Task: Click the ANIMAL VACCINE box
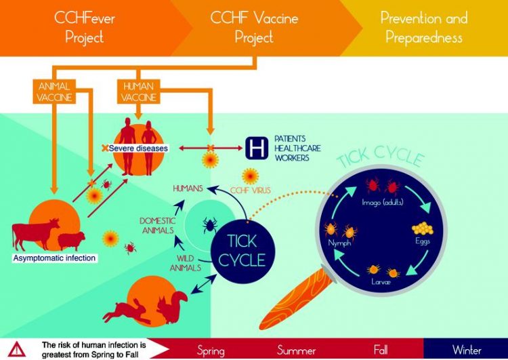click(54, 92)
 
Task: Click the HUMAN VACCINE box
click(138, 92)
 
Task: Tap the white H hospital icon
click(257, 148)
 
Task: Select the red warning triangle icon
click(17, 350)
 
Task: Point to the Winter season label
click(467, 350)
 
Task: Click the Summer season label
click(296, 351)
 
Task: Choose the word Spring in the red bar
click(211, 351)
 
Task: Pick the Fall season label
click(381, 350)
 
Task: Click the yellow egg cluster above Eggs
click(423, 228)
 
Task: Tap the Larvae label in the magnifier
click(381, 281)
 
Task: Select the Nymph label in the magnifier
click(339, 243)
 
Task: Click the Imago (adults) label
click(382, 203)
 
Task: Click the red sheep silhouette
click(71, 241)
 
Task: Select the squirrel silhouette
click(172, 306)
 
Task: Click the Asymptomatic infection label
click(54, 258)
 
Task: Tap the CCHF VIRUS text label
click(250, 190)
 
